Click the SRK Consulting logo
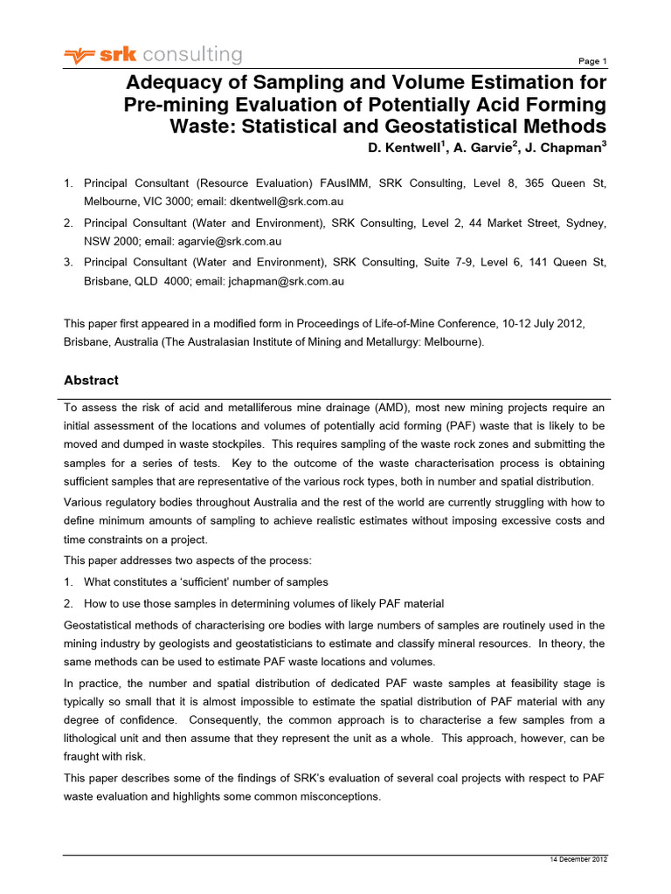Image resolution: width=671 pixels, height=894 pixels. pyautogui.click(x=153, y=56)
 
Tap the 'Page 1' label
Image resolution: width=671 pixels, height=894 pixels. pyautogui.click(x=592, y=61)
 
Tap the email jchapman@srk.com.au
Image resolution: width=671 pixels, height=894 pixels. pyautogui.click(x=283, y=281)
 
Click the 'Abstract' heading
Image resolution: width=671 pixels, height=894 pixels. pyautogui.click(x=91, y=381)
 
